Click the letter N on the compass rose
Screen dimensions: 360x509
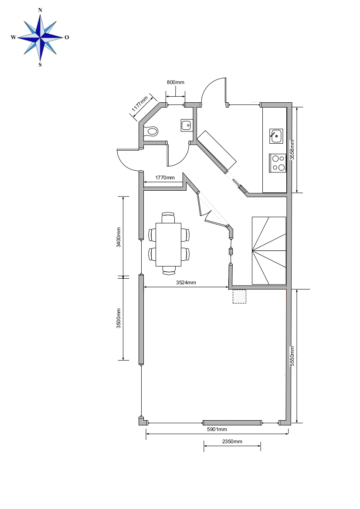[40, 10]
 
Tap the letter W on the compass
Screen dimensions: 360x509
[14, 37]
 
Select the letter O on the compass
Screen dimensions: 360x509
[67, 37]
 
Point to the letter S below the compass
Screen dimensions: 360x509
[40, 64]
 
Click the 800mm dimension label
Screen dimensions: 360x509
[176, 82]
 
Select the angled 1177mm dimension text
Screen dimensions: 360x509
[140, 104]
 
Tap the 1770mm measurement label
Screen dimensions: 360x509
[165, 178]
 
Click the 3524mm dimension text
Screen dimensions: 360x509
[186, 283]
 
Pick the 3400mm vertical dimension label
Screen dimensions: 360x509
[119, 237]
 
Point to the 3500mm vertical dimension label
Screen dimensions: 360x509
[119, 318]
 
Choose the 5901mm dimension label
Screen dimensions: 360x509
[217, 429]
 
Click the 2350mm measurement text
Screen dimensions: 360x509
[232, 442]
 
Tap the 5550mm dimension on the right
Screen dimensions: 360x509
[292, 356]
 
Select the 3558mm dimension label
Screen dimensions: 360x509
[292, 150]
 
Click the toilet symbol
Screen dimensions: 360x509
[151, 131]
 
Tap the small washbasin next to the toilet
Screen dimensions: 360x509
[186, 125]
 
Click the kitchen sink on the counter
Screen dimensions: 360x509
[276, 136]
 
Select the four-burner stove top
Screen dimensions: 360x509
[278, 163]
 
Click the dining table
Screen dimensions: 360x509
[168, 244]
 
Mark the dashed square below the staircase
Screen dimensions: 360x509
[239, 297]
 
